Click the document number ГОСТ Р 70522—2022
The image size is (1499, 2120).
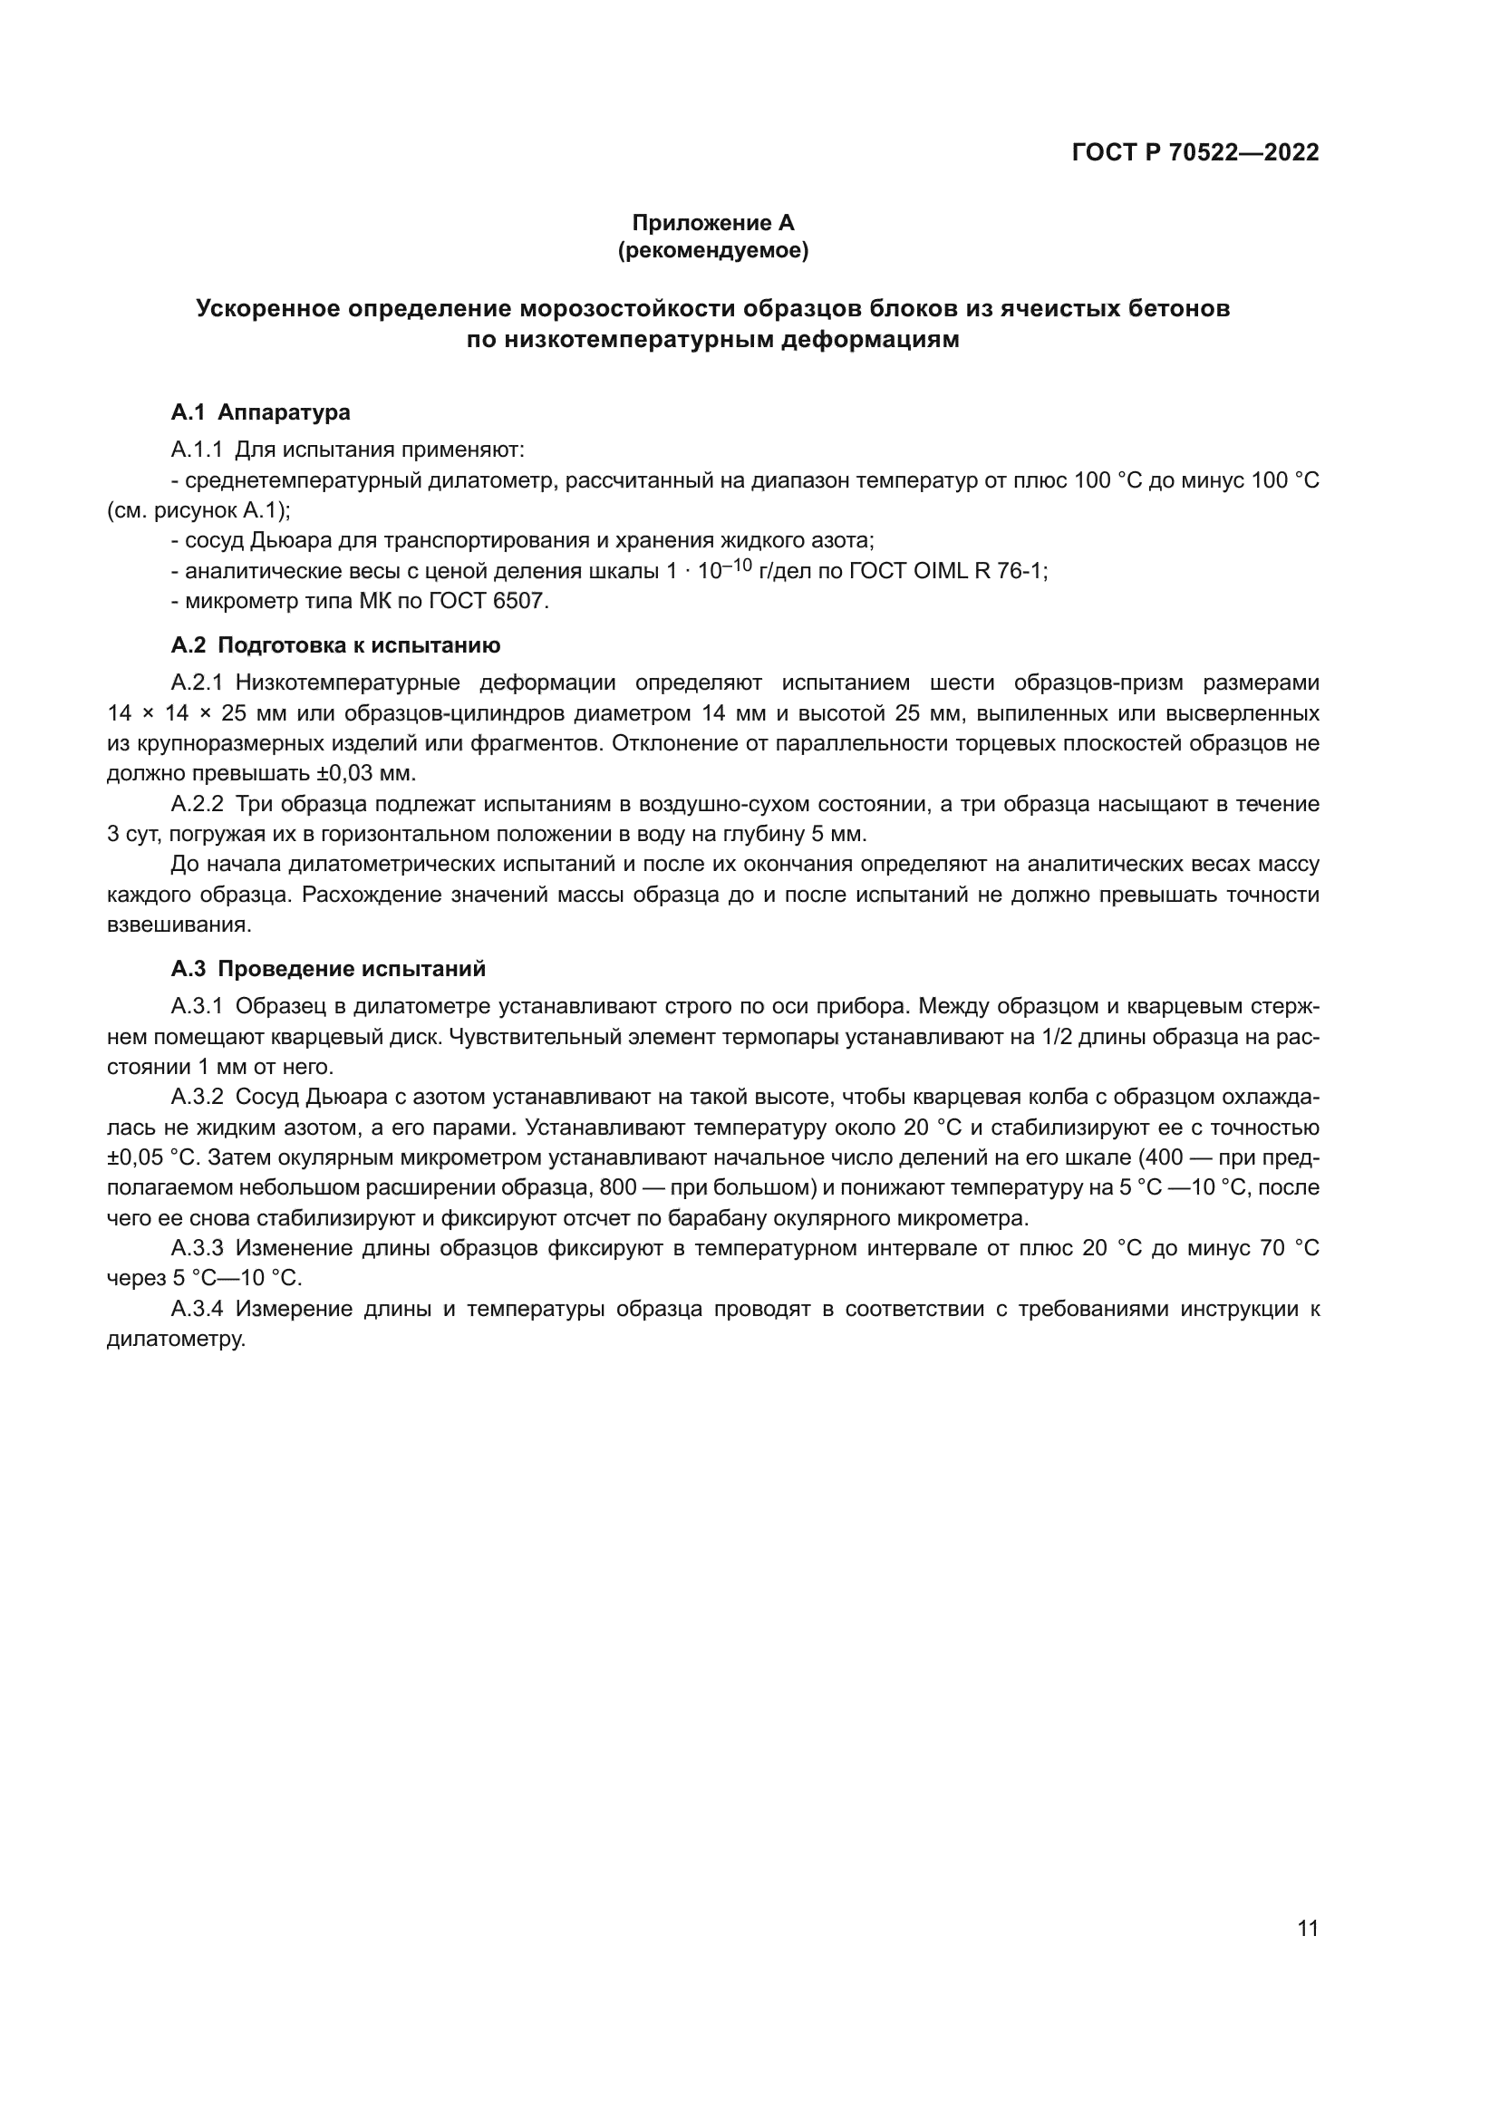coord(1194,152)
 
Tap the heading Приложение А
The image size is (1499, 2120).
coord(712,223)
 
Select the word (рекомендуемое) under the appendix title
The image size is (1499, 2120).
coord(712,250)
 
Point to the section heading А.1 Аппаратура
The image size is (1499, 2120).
coord(260,411)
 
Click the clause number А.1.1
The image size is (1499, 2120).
coord(197,450)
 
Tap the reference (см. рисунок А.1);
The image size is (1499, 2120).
coord(198,510)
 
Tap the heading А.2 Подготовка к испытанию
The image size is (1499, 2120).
coord(336,645)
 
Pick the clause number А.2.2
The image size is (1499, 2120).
coord(197,804)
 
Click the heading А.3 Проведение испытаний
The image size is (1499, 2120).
coord(328,969)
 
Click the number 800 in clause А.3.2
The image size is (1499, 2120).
coord(618,1187)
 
